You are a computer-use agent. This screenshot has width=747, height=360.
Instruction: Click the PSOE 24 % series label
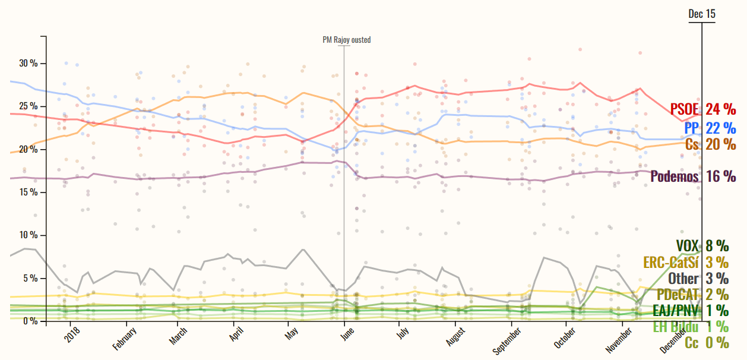pyautogui.click(x=703, y=109)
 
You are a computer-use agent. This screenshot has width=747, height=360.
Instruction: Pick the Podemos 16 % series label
pyautogui.click(x=693, y=176)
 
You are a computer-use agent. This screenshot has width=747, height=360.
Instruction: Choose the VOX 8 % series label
pyautogui.click(x=702, y=245)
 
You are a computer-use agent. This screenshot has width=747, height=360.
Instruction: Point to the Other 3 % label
pyautogui.click(x=698, y=278)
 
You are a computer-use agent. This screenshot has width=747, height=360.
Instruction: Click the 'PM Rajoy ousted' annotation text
pyautogui.click(x=347, y=40)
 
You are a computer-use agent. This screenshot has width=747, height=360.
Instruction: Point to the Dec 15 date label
pyautogui.click(x=702, y=14)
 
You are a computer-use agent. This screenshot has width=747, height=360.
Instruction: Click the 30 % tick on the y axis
pyautogui.click(x=28, y=63)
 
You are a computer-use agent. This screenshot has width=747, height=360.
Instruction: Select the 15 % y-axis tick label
pyautogui.click(x=28, y=192)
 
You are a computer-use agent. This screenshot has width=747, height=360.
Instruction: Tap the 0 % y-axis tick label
pyautogui.click(x=30, y=321)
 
